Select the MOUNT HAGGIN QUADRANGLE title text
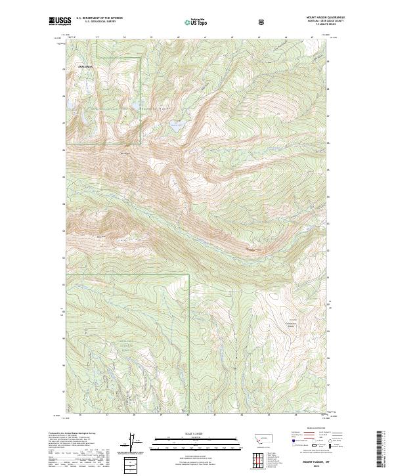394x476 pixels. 326,18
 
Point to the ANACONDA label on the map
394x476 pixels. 86,67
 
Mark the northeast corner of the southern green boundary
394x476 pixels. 189,274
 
